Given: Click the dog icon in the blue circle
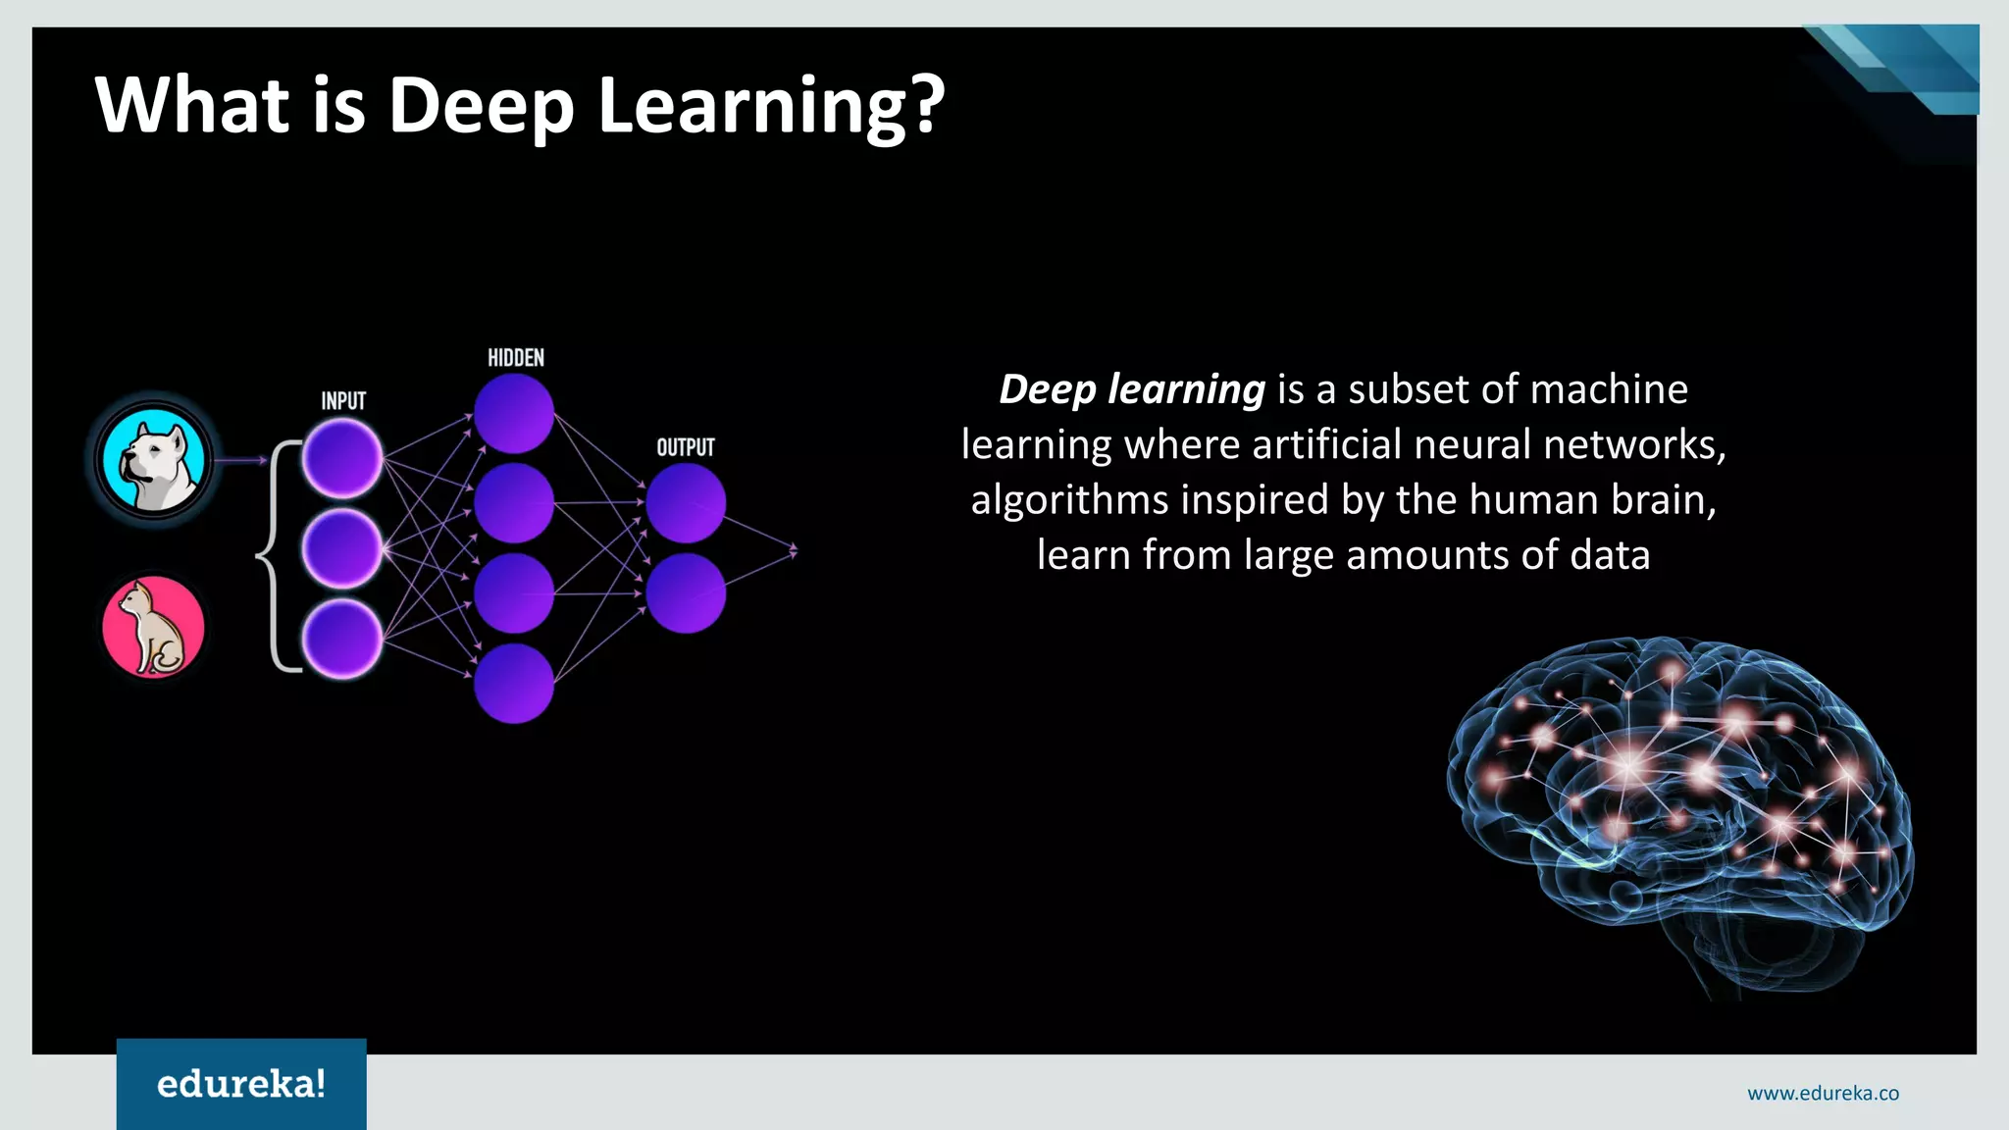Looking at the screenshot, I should coord(154,460).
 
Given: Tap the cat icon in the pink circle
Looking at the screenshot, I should coord(154,627).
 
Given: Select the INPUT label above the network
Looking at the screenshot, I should coord(343,401).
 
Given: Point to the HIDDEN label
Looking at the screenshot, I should coord(516,358).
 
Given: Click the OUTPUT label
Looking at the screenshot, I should coord(686,448).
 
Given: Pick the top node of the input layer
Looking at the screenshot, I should coord(342,458).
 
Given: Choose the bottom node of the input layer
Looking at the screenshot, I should coord(342,640).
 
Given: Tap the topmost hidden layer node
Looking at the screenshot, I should coord(514,413).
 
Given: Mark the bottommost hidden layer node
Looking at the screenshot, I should coord(514,684).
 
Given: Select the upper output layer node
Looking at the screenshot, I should coord(686,503).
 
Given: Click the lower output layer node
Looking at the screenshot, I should coord(686,593).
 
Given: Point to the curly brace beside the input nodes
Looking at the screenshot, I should coord(276,556).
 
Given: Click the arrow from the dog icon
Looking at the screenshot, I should coord(240,460).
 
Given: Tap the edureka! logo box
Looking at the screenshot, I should coord(241,1084).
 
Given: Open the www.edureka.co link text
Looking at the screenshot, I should coord(1823,1094).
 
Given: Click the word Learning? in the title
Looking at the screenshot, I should coord(771,106).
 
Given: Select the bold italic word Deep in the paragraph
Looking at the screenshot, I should coord(1048,389).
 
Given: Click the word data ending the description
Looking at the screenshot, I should coord(1610,555).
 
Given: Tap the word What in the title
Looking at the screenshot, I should coord(192,106).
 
